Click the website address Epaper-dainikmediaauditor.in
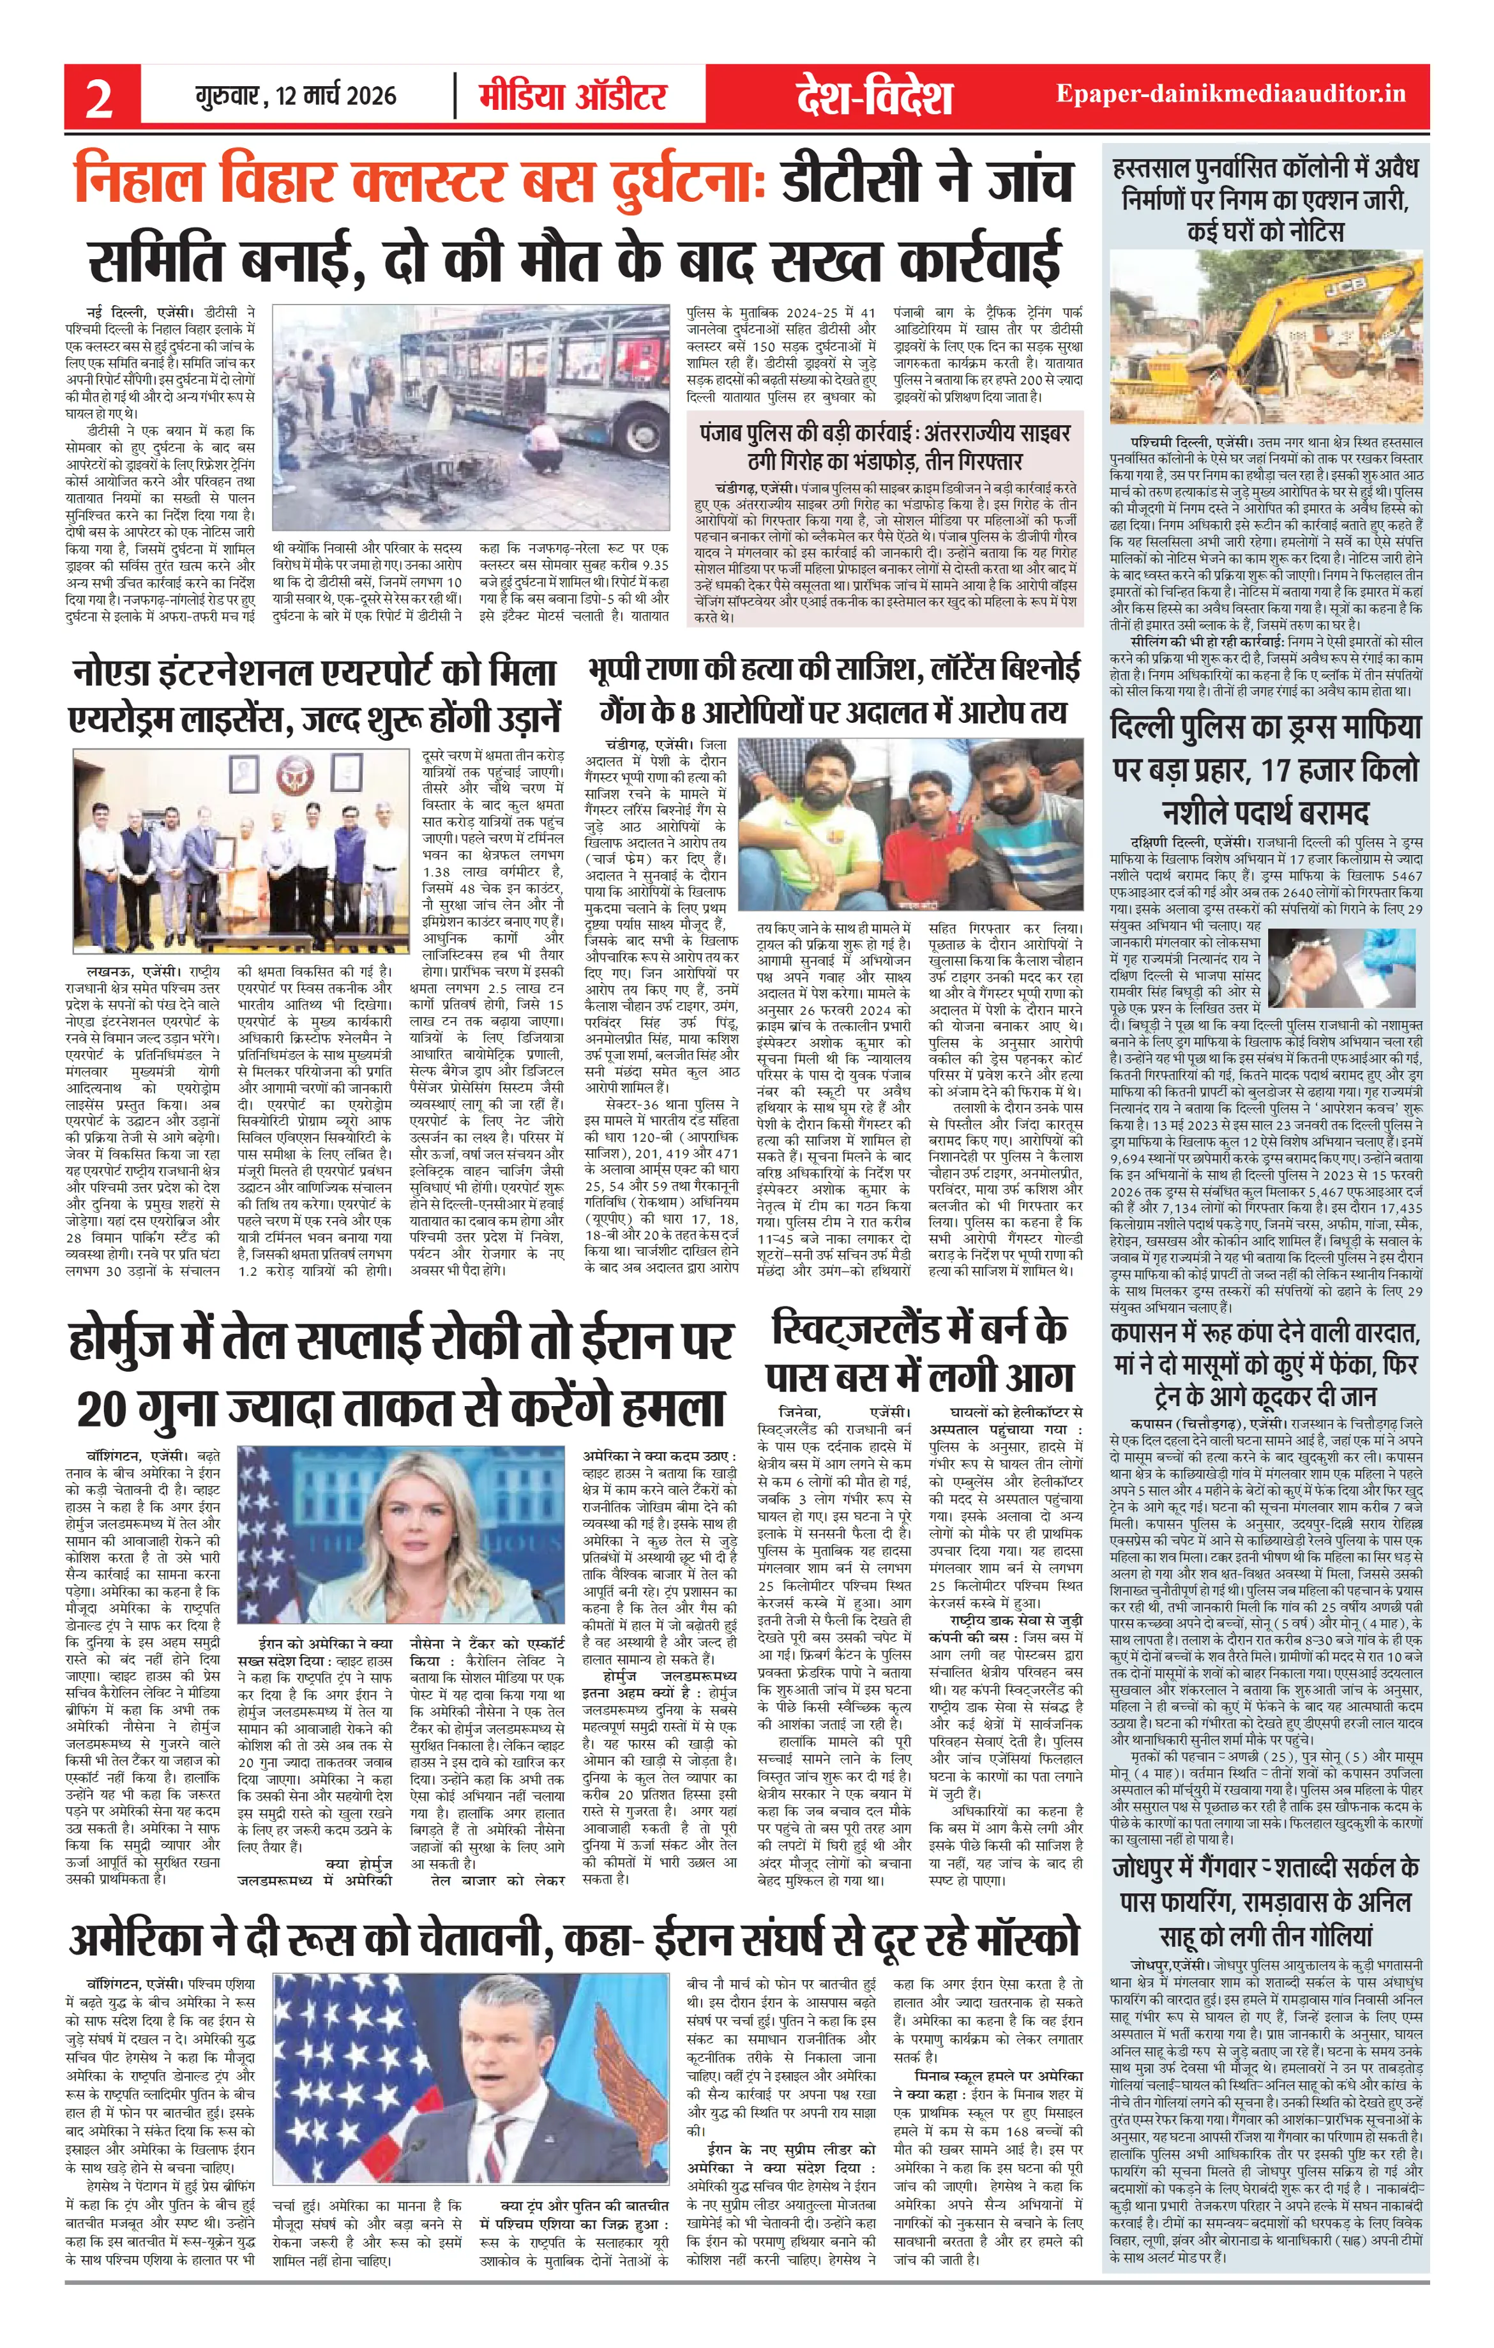click(1231, 95)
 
